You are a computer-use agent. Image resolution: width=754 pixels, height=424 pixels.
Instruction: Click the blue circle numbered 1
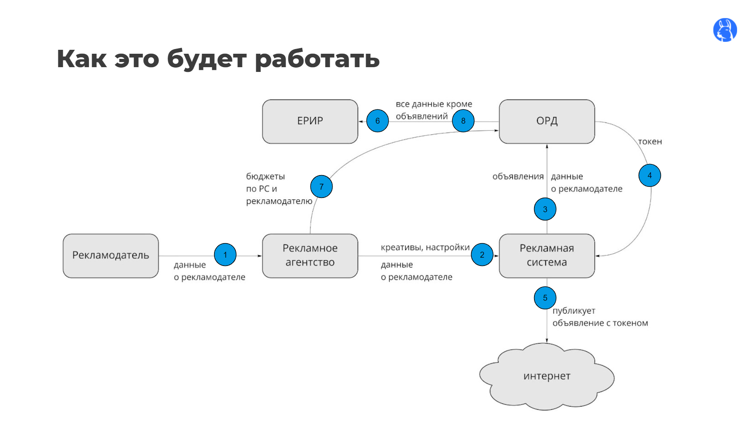click(225, 254)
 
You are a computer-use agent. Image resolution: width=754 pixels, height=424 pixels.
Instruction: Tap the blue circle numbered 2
click(482, 254)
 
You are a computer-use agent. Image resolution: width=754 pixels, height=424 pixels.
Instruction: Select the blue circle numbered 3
click(545, 209)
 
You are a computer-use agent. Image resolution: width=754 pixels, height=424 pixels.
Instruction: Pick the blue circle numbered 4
click(649, 175)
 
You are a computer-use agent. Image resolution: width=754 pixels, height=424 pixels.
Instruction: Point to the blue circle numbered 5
click(545, 298)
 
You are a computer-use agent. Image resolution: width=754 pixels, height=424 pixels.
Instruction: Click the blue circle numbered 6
click(377, 121)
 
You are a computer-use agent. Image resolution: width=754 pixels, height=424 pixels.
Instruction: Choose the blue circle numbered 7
click(321, 187)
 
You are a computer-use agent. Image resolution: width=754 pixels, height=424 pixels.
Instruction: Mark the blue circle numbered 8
click(463, 121)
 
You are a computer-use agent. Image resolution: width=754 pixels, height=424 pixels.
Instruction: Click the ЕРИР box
click(310, 121)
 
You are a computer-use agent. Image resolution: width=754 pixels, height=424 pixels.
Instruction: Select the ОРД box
click(547, 121)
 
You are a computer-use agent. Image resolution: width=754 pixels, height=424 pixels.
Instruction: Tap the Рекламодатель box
click(111, 256)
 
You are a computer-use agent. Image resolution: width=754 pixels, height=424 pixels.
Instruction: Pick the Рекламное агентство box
click(310, 256)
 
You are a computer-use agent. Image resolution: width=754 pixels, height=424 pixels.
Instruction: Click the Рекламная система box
click(547, 256)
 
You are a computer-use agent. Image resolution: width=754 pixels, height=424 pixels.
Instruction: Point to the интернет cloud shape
click(547, 376)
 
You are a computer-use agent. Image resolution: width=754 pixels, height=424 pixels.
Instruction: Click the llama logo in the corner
click(725, 30)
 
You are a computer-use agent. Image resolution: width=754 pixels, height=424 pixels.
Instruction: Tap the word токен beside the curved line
click(650, 141)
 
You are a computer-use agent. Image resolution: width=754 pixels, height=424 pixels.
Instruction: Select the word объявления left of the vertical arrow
click(518, 177)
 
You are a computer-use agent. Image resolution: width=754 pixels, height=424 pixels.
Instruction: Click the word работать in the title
click(317, 59)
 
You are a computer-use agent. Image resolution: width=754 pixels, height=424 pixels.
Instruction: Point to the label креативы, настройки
click(425, 247)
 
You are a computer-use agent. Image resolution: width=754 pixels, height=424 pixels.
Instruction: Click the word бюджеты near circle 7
click(265, 176)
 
